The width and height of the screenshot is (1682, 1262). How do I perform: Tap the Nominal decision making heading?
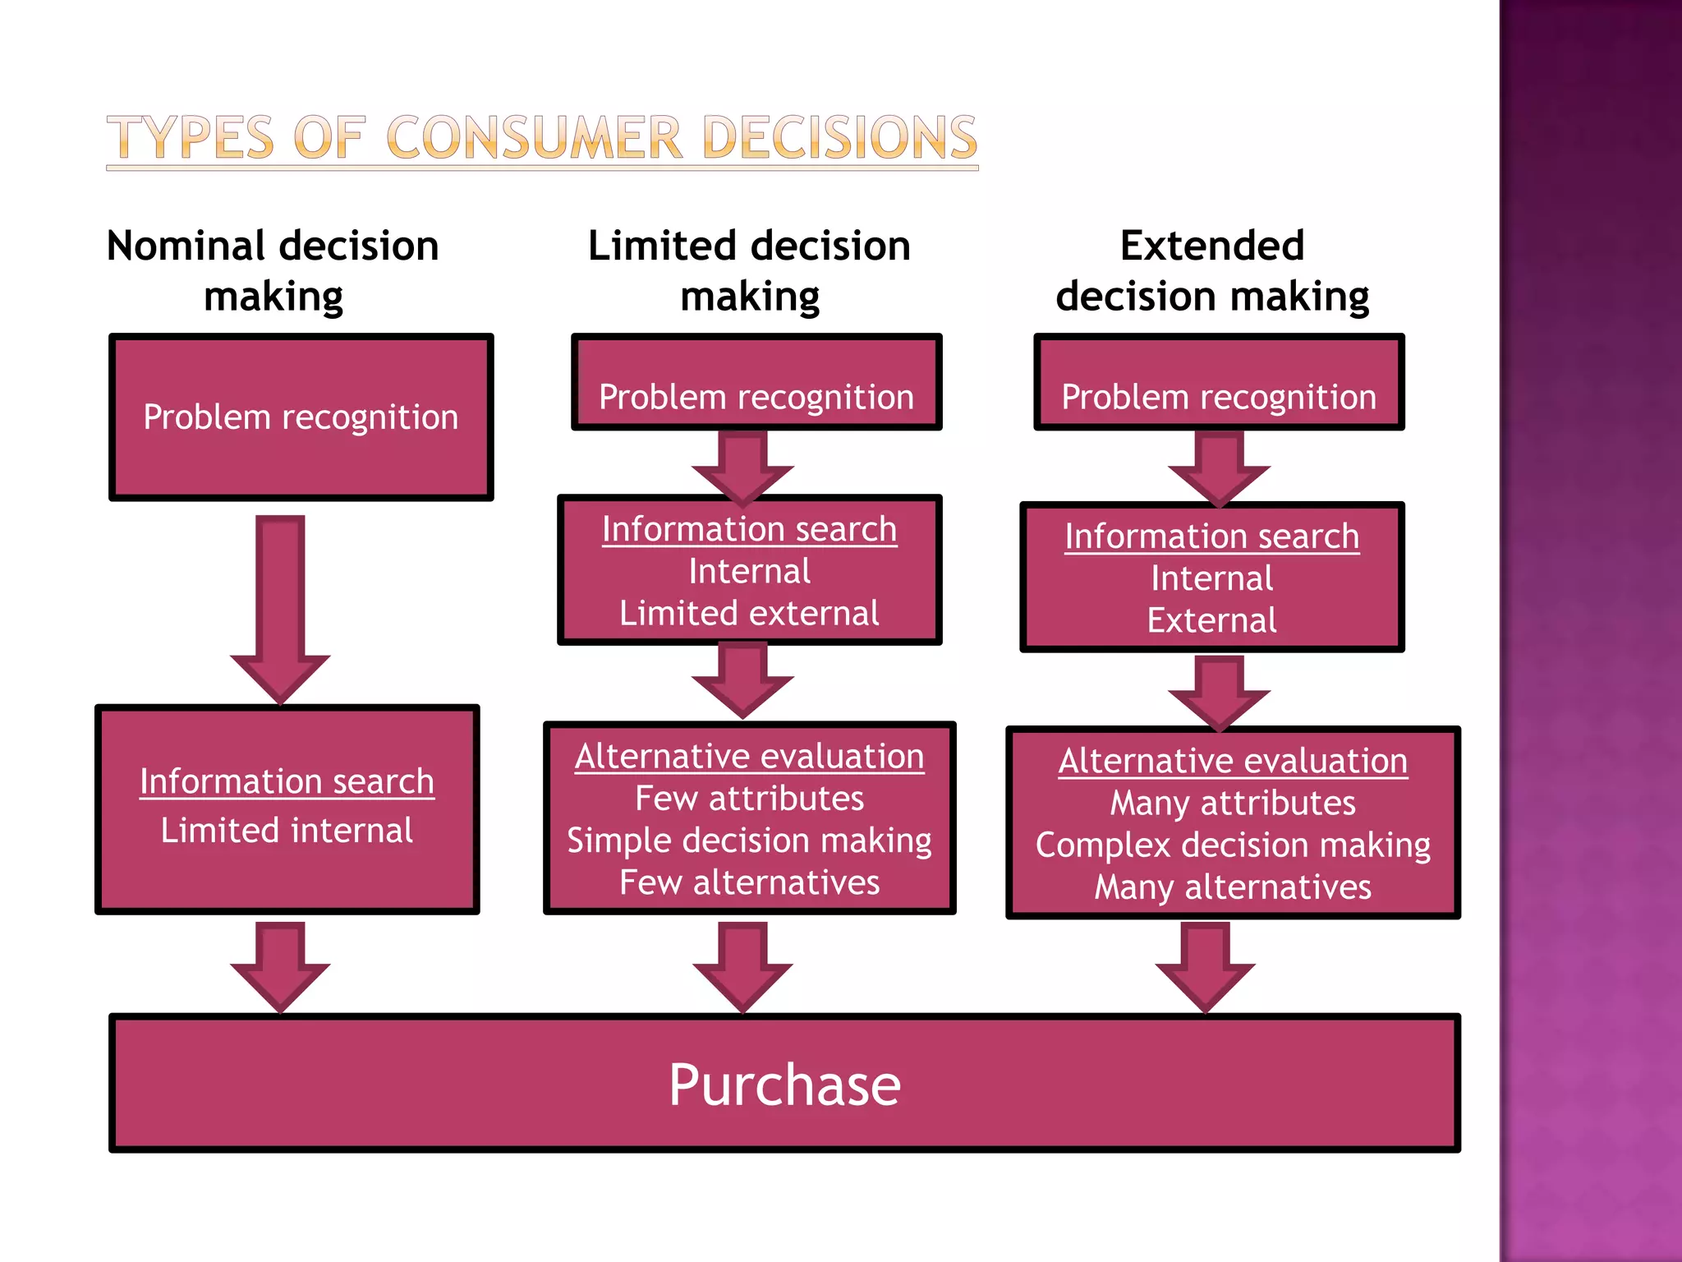273,270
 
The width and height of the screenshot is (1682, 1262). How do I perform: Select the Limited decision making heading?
749,270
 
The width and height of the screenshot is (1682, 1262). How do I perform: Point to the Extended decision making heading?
1212,270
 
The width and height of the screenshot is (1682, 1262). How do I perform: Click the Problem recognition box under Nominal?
301,417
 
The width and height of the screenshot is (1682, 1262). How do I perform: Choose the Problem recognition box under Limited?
756,383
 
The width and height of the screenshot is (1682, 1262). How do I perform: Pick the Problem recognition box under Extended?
1219,383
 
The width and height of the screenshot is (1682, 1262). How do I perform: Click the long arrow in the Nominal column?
280,608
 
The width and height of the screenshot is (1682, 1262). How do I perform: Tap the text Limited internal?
287,831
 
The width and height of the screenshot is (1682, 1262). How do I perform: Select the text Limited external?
749,614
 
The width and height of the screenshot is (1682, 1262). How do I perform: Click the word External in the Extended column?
1212,620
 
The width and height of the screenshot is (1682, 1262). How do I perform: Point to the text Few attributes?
749,799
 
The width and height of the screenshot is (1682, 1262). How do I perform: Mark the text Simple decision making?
749,841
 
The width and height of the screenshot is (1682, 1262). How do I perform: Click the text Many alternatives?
1233,887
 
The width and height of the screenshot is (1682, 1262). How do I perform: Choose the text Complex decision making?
1233,845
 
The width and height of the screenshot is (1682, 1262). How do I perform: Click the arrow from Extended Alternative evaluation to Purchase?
1205,965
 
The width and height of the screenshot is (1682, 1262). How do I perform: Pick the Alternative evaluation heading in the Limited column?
749,757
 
